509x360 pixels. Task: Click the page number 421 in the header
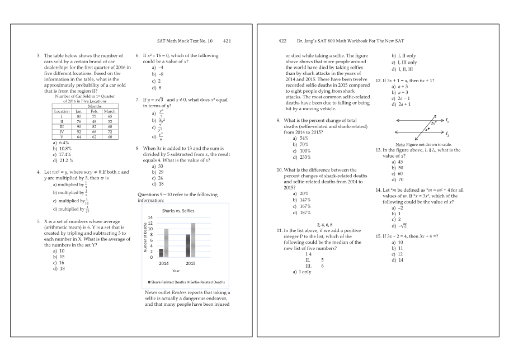[227, 41]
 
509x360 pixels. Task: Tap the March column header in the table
[110, 111]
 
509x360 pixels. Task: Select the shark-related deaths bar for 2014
[161, 253]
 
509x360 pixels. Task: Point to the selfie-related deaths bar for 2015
[194, 240]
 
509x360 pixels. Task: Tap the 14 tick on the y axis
[150, 217]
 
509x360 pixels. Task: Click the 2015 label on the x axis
[191, 263]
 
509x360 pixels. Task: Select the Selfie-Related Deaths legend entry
[206, 282]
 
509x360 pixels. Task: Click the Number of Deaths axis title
[144, 237]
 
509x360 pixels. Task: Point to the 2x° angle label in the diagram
[433, 122]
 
